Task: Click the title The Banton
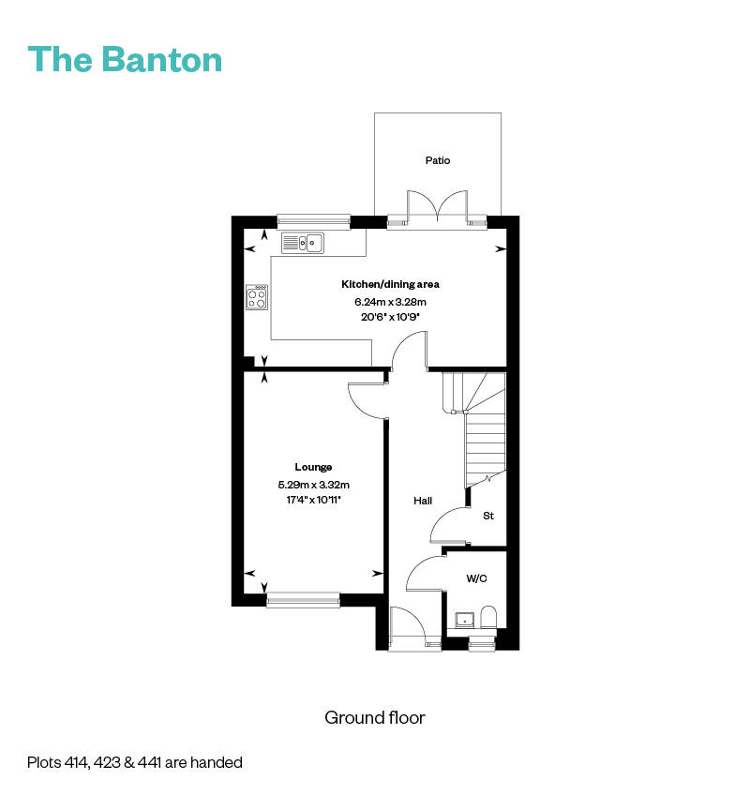pyautogui.click(x=126, y=58)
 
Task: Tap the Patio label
pyautogui.click(x=437, y=160)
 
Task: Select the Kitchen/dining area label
pyautogui.click(x=390, y=284)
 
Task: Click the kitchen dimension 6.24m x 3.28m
pyautogui.click(x=390, y=302)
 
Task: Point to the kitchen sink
pyautogui.click(x=302, y=243)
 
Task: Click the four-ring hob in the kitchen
pyautogui.click(x=257, y=297)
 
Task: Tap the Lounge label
pyautogui.click(x=313, y=467)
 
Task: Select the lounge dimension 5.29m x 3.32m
pyautogui.click(x=313, y=485)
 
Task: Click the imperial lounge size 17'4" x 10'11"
pyautogui.click(x=313, y=501)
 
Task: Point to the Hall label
pyautogui.click(x=423, y=502)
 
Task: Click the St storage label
pyautogui.click(x=488, y=517)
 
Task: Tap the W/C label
pyautogui.click(x=476, y=578)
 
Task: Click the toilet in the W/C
pyautogui.click(x=487, y=617)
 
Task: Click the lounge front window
pyautogui.click(x=303, y=599)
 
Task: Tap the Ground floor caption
pyautogui.click(x=375, y=718)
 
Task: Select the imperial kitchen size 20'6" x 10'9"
pyautogui.click(x=390, y=317)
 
